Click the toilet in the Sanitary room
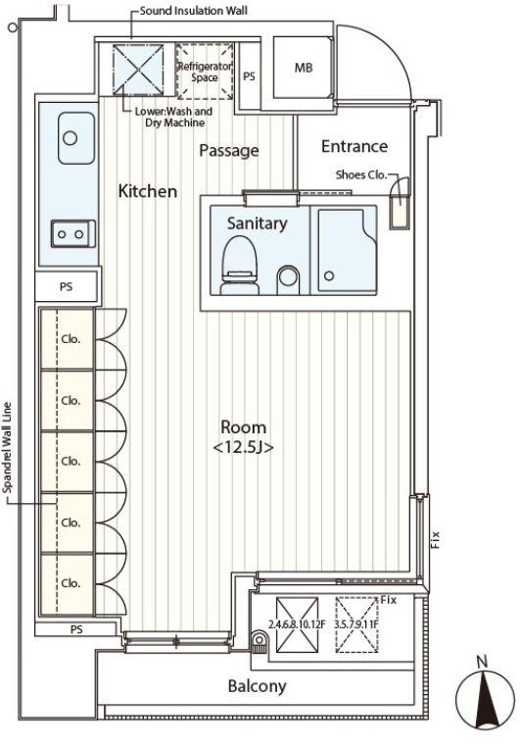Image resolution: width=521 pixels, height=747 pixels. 239,266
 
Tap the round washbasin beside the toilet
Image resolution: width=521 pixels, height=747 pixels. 289,275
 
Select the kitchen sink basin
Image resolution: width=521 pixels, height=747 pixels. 76,138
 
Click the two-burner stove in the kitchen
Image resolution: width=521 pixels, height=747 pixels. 73,234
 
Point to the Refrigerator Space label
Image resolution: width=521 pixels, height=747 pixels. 205,72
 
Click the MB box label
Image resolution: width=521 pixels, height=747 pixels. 304,68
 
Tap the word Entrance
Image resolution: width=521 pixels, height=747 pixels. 355,146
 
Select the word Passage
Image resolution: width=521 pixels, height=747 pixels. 229,151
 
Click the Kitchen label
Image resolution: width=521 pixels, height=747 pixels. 148,191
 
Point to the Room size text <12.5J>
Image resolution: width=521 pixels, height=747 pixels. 243,448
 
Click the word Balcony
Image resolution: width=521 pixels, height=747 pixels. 257,686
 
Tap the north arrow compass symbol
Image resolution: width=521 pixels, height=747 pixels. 485,700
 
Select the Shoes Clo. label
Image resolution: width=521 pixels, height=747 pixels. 361,174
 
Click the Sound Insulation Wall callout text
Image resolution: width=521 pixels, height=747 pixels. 194,11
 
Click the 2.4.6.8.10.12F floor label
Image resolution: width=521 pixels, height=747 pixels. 297,624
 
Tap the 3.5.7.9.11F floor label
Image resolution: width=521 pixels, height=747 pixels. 356,624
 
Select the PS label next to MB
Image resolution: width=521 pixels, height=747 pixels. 250,75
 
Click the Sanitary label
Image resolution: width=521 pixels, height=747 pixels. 257,223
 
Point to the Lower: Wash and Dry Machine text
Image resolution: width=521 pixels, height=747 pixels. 173,118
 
